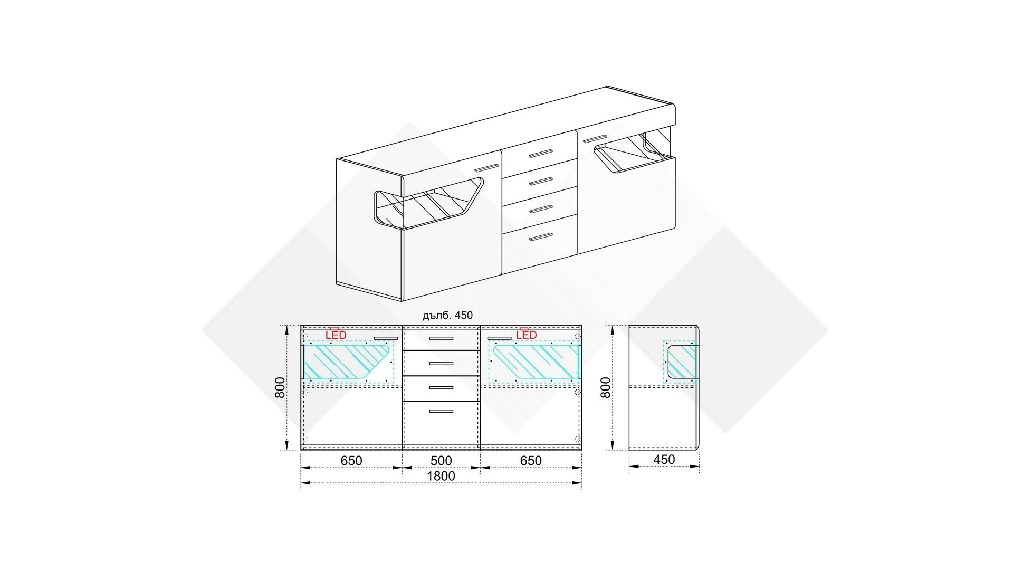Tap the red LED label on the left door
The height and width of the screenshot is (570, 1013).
pyautogui.click(x=336, y=335)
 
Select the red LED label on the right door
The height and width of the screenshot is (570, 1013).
pyautogui.click(x=526, y=335)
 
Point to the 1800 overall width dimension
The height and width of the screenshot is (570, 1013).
pyautogui.click(x=441, y=476)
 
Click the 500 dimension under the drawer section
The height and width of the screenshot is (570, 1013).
pyautogui.click(x=441, y=461)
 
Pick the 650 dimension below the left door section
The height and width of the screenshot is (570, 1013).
pyautogui.click(x=351, y=461)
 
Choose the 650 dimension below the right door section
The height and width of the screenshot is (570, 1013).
pyautogui.click(x=531, y=461)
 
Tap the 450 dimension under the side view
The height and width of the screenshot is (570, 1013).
pyautogui.click(x=664, y=460)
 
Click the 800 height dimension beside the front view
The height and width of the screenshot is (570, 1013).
pyautogui.click(x=280, y=387)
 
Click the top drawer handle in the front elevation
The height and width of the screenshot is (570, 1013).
pyautogui.click(x=441, y=338)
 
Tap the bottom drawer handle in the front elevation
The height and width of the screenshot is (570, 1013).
pyautogui.click(x=441, y=411)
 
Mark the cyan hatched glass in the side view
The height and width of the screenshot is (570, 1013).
pyautogui.click(x=682, y=362)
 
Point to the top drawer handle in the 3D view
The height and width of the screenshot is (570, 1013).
pyautogui.click(x=540, y=154)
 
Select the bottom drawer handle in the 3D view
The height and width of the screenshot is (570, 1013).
pyautogui.click(x=540, y=237)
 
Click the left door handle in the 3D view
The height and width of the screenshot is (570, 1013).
pyautogui.click(x=486, y=167)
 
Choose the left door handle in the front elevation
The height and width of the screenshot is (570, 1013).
pyautogui.click(x=386, y=338)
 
